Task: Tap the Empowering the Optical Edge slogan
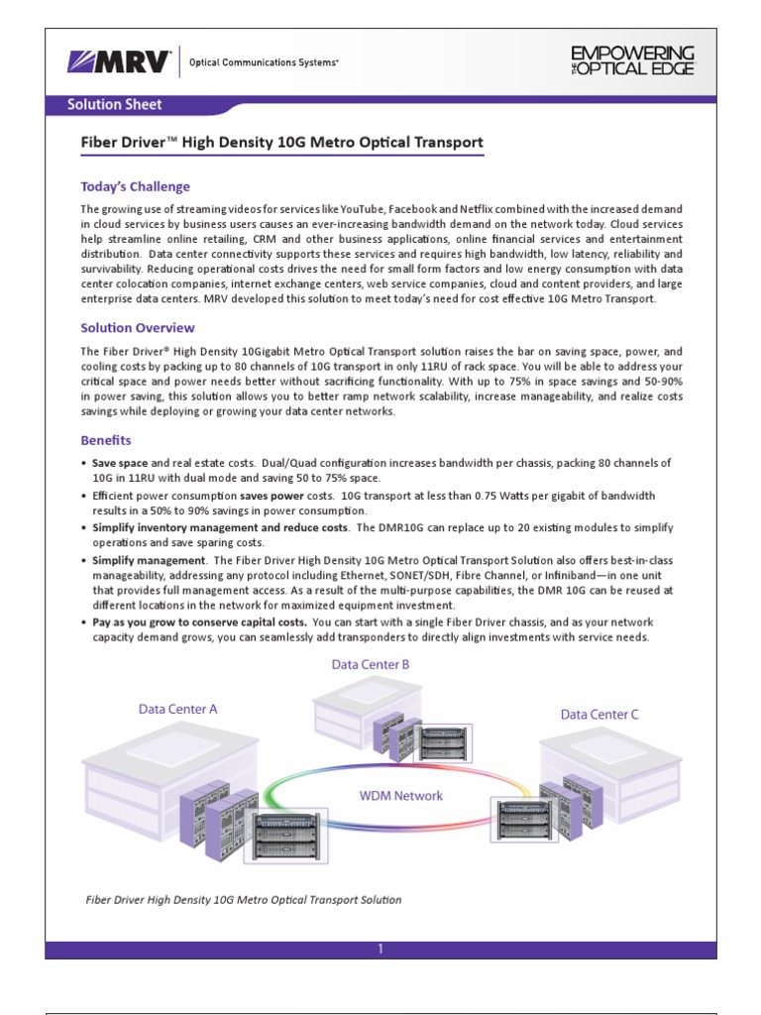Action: coord(634,59)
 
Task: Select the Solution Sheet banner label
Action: coord(114,104)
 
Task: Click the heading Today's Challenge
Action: coord(135,186)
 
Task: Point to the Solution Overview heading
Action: coord(137,328)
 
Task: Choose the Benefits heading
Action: coord(106,440)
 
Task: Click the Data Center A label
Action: coord(178,709)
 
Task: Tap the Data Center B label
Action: coord(371,665)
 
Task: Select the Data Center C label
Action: coord(599,714)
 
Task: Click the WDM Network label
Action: coord(400,795)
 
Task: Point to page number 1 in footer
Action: coord(380,949)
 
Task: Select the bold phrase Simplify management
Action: coord(135,560)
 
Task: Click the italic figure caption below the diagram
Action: coord(243,900)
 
